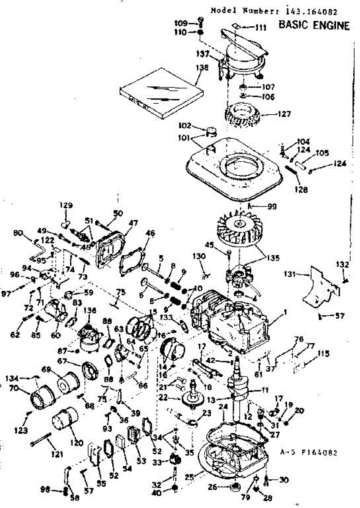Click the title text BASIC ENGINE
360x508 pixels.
click(x=314, y=26)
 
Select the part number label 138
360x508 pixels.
click(x=202, y=67)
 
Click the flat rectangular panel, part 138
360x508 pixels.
click(x=161, y=97)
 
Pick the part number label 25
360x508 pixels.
click(x=190, y=477)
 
